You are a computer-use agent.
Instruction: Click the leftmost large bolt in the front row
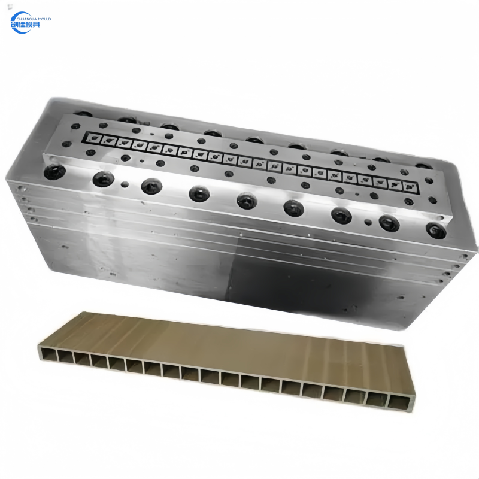click(54, 172)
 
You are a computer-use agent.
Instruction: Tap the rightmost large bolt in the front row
click(435, 229)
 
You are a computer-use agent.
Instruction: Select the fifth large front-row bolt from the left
click(247, 200)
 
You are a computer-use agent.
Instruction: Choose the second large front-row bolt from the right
click(389, 223)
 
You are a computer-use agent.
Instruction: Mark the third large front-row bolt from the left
click(150, 186)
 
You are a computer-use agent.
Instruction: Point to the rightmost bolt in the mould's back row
click(423, 166)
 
